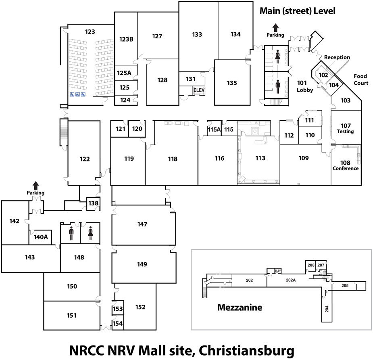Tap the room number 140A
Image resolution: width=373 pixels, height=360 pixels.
[40, 237]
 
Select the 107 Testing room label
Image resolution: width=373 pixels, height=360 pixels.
[345, 128]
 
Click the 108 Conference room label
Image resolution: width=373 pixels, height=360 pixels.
[345, 165]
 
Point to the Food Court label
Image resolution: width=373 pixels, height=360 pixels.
[361, 80]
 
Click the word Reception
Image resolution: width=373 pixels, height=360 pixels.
[337, 57]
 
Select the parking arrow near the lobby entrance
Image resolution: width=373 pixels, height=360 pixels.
[275, 27]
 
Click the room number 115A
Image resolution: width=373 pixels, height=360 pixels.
[215, 130]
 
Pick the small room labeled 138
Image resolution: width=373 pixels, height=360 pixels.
[94, 203]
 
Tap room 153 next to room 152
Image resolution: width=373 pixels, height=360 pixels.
[117, 309]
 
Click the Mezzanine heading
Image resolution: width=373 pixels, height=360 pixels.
[240, 308]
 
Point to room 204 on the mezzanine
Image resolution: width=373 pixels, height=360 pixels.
[327, 309]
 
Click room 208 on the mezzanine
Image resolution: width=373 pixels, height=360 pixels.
[310, 265]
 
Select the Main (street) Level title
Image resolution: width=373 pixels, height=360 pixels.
[297, 11]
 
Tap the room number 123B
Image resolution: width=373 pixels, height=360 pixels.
[126, 39]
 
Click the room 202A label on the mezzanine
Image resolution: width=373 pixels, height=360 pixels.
[291, 280]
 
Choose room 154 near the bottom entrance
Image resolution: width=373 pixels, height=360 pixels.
[117, 324]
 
